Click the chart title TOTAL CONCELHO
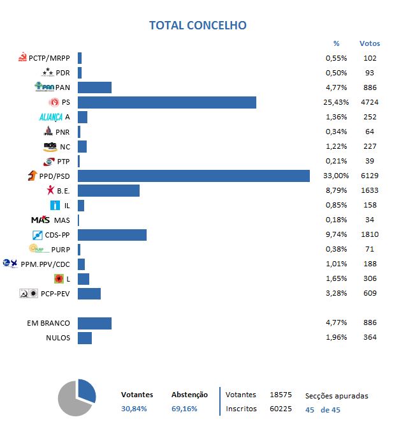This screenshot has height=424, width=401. (x=198, y=26)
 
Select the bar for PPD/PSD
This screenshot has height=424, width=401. (x=193, y=176)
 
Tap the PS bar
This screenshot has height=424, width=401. (x=166, y=102)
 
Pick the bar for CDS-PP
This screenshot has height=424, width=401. (x=112, y=234)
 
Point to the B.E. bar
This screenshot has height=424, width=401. (x=108, y=190)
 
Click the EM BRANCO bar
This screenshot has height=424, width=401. (x=94, y=323)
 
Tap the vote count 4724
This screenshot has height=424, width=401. (x=369, y=102)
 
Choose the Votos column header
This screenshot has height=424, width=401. (x=369, y=43)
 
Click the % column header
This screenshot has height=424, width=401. (x=337, y=43)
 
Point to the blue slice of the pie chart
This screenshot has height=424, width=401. (x=87, y=390)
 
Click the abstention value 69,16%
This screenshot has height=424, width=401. (x=184, y=409)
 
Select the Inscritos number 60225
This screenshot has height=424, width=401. (x=281, y=409)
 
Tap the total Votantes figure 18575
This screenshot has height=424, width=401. (x=281, y=395)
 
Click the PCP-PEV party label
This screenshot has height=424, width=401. (x=54, y=293)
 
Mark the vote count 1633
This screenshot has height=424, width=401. (x=369, y=190)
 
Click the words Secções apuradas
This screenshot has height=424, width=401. (x=337, y=396)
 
